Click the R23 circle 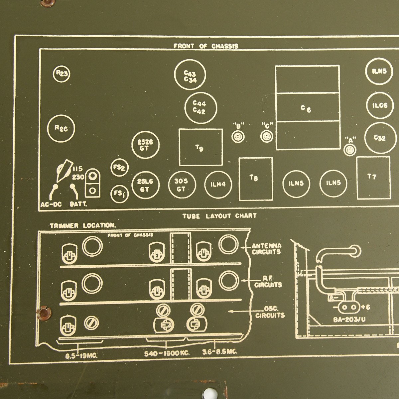(62, 74)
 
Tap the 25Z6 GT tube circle (145, 145)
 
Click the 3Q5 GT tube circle (181, 185)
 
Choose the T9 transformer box (201, 147)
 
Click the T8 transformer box (256, 179)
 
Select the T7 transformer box (373, 178)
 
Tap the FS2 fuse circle (119, 168)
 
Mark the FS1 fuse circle (119, 193)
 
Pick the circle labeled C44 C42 (200, 107)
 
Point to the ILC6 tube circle (380, 105)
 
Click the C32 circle (380, 138)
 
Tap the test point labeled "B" (238, 137)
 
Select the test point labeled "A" (349, 150)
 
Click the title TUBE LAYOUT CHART (219, 216)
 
